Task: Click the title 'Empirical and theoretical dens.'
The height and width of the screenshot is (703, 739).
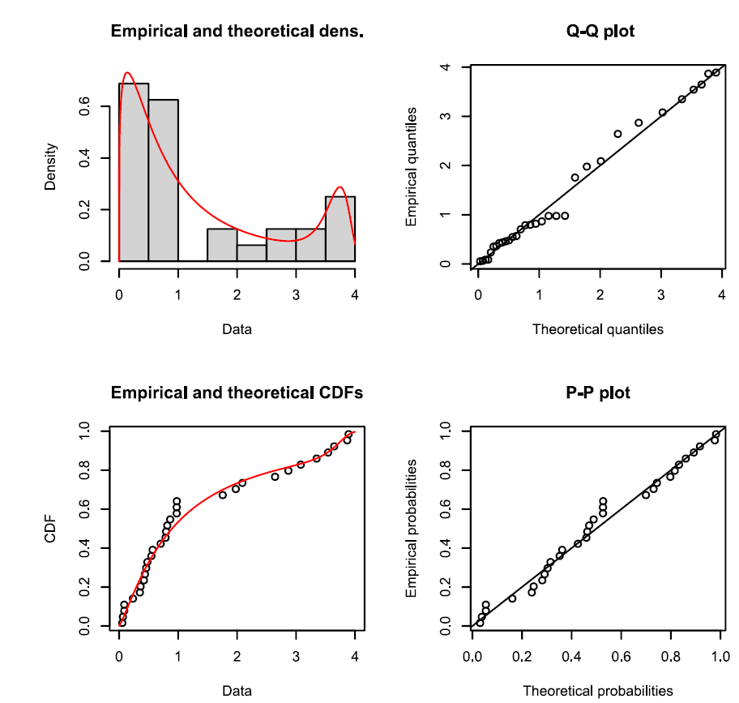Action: (x=237, y=33)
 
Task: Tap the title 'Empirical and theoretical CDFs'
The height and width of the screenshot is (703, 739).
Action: (x=237, y=393)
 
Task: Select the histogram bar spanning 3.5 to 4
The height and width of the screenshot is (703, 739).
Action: (x=340, y=229)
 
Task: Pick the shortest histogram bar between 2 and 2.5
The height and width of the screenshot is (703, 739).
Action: (x=252, y=253)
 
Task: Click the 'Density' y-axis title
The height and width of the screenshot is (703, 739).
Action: (x=51, y=166)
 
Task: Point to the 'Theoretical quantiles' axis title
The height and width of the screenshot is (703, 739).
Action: (x=597, y=329)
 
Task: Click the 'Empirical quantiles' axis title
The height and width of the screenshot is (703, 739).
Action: (x=412, y=166)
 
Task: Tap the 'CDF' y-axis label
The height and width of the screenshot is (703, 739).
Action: (x=51, y=529)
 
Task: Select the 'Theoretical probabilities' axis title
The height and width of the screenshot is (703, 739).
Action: (x=597, y=691)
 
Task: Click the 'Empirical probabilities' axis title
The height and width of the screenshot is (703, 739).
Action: (x=412, y=529)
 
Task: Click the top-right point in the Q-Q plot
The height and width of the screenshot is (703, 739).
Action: (x=716, y=72)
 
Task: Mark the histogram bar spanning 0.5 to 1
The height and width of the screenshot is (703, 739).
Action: (x=164, y=180)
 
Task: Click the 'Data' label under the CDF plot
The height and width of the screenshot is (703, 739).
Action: (x=237, y=691)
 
